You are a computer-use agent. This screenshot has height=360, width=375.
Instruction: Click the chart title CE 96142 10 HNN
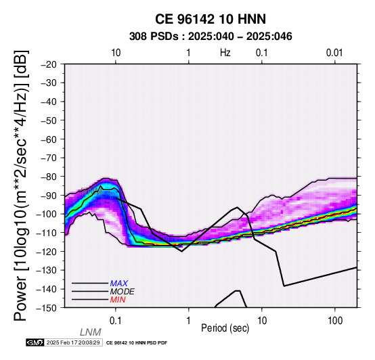(x=211, y=19)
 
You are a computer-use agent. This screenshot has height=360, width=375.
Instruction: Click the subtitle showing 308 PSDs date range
(x=211, y=37)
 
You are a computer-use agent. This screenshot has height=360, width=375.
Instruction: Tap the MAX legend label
(x=119, y=284)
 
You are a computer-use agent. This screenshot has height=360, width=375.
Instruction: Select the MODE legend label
(x=123, y=292)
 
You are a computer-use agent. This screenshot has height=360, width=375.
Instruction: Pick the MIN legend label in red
(x=118, y=300)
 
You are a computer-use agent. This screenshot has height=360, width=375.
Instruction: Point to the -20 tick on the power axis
(x=49, y=64)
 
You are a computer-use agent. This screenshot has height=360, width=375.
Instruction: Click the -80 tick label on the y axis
(x=49, y=177)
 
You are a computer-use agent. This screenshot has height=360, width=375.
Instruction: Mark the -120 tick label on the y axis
(x=47, y=251)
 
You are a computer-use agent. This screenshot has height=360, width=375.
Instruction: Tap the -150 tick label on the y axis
(x=47, y=308)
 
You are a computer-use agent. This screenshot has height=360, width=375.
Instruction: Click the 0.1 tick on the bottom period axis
(x=116, y=321)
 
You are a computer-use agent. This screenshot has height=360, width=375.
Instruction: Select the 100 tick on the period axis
(x=335, y=321)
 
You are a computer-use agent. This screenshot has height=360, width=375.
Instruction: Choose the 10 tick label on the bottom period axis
(x=262, y=321)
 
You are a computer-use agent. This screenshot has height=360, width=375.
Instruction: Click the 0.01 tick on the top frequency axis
(x=334, y=53)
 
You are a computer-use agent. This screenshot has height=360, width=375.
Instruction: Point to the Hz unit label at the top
(x=225, y=53)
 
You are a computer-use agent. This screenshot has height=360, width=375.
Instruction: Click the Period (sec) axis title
(x=225, y=328)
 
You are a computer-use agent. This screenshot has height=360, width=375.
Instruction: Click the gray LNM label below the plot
(x=91, y=332)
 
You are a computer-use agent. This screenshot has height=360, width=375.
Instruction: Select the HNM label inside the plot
(x=91, y=192)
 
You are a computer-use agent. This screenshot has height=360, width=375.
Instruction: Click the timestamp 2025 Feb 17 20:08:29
(x=73, y=342)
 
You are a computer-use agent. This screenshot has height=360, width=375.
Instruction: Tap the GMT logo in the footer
(x=35, y=342)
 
